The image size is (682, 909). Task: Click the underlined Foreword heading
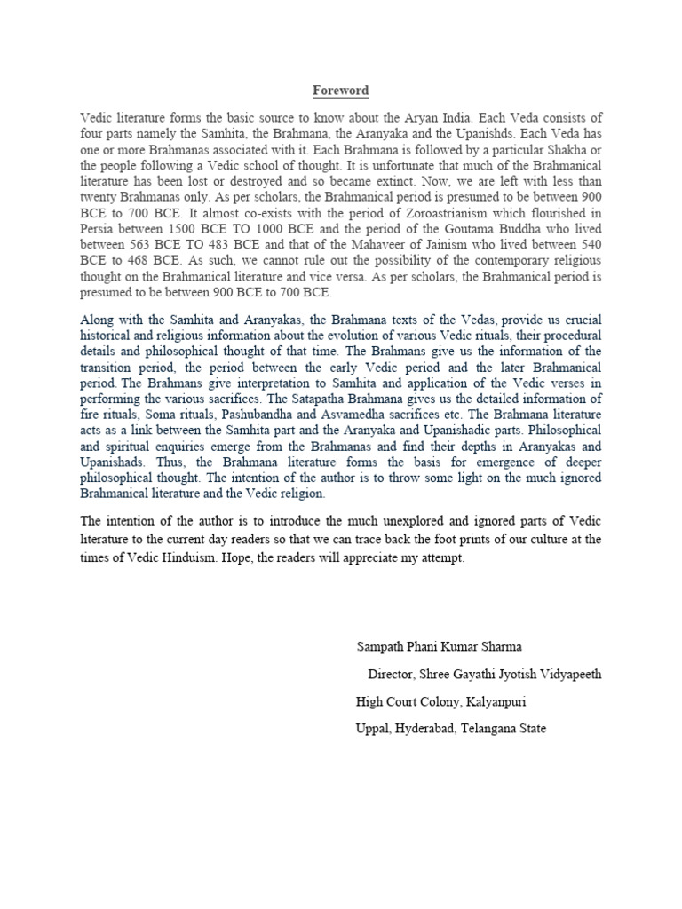(x=340, y=91)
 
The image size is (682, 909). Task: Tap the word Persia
(x=99, y=230)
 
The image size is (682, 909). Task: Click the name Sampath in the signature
(x=381, y=646)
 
